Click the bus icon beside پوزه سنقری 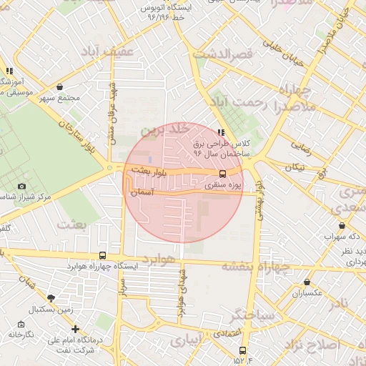tap(222, 174)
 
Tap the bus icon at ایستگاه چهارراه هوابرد tap(103, 255)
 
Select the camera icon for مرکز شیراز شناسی tap(21, 187)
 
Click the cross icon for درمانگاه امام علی tap(75, 330)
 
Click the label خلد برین tap(167, 131)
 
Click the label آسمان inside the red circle tap(143, 192)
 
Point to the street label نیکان tap(295, 167)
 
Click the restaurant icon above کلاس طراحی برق tap(220, 132)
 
